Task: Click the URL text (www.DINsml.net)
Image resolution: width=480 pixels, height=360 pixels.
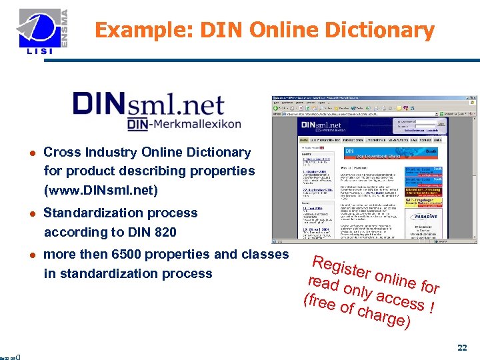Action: tap(101, 191)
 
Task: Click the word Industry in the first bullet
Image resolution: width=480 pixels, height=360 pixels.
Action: tap(107, 152)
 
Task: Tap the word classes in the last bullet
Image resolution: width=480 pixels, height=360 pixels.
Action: tap(266, 254)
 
